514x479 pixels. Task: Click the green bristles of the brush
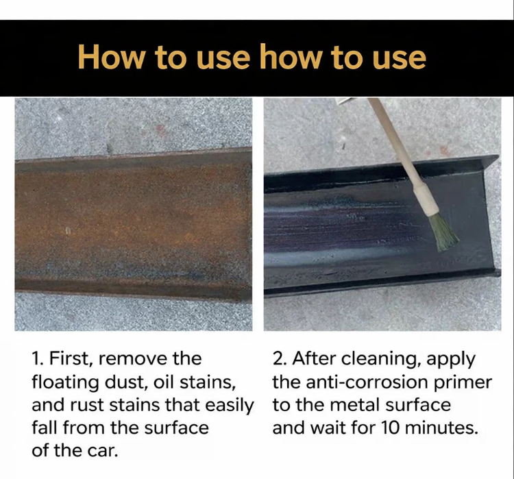coord(443,232)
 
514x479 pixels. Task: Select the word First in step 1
coord(68,358)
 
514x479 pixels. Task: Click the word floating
coord(65,382)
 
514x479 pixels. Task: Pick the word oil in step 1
coord(164,382)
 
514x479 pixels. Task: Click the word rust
coord(87,405)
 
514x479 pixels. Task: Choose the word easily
coord(230,406)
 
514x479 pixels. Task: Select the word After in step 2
coord(314,358)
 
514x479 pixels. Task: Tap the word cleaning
coord(382,359)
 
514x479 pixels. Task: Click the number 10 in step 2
coord(391,428)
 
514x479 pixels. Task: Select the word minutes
coord(441,428)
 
